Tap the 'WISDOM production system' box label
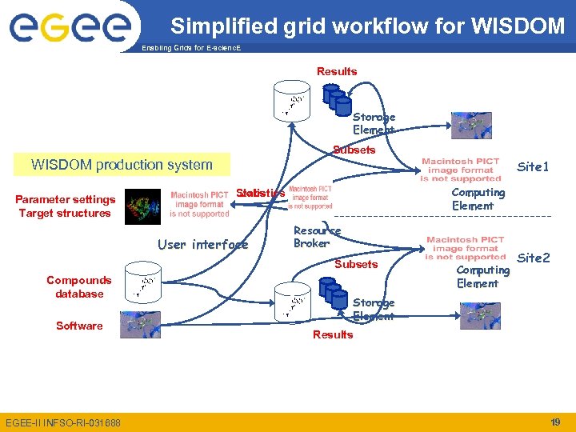click(122, 165)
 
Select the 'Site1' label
click(533, 167)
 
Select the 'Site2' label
click(534, 258)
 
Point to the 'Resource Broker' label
click(316, 237)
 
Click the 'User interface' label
click(202, 244)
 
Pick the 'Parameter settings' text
click(66, 199)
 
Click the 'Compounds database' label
click(79, 286)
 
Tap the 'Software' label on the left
click(79, 326)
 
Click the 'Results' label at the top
click(337, 71)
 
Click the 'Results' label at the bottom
click(333, 334)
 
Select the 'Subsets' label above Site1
click(354, 150)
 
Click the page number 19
click(555, 422)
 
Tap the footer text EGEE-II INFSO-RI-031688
click(63, 422)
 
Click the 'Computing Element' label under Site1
click(478, 199)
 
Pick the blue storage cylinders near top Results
click(337, 99)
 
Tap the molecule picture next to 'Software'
click(140, 324)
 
